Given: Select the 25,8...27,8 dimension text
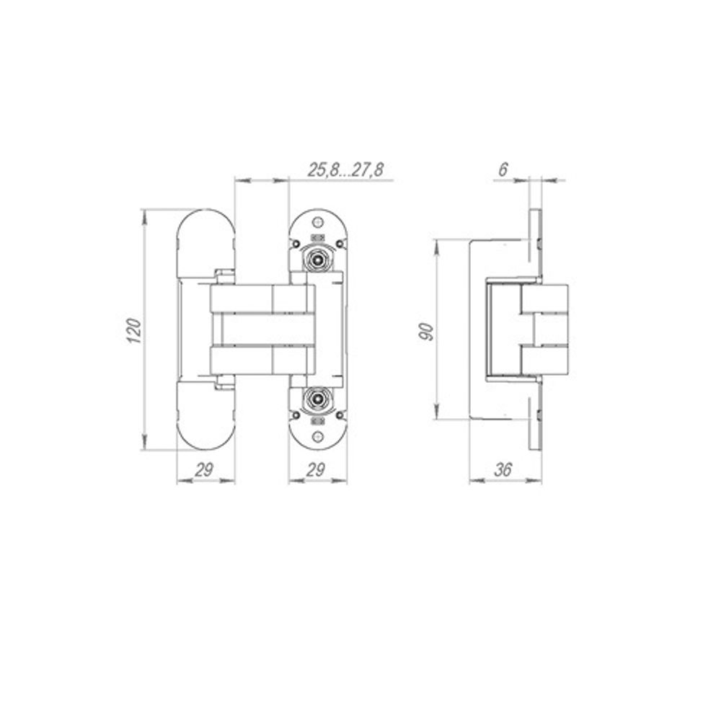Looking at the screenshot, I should (346, 170).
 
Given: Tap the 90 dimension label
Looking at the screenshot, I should (426, 331).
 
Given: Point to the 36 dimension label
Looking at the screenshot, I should (504, 469).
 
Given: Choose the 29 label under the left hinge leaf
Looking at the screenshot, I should (205, 469).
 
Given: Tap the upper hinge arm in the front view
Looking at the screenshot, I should (260, 298).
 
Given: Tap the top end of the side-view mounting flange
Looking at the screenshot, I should (535, 214).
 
